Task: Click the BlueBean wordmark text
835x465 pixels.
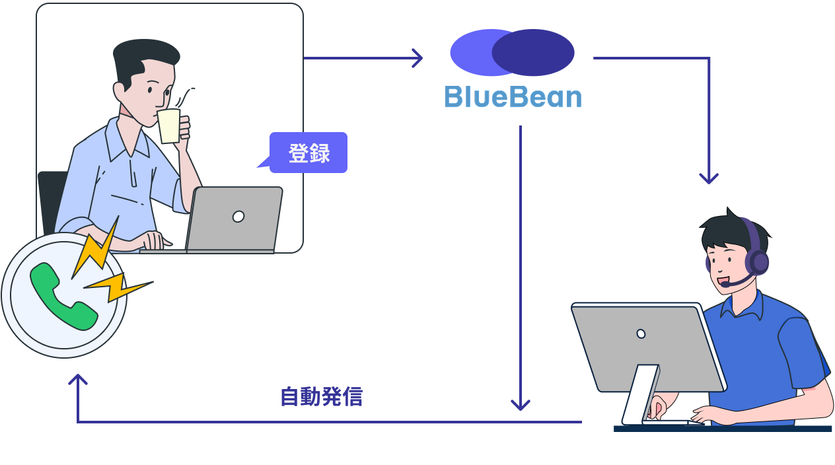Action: pos(513,97)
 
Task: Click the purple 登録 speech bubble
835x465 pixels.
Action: pos(309,153)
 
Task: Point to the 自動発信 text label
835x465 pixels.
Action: pos(321,397)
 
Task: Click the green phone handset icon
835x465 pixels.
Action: pos(63,296)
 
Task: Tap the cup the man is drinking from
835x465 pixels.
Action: pos(169,125)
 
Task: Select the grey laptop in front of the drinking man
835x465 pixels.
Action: pos(235,218)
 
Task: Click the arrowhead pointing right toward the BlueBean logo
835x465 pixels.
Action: pos(417,58)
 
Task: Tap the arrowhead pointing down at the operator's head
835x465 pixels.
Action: pos(709,178)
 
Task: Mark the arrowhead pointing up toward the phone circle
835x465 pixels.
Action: pos(78,380)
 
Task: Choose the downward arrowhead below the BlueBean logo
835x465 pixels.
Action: pos(521,404)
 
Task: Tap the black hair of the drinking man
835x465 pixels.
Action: pos(142,56)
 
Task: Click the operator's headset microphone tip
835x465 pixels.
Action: pos(725,284)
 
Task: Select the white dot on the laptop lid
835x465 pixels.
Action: pos(238,217)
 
